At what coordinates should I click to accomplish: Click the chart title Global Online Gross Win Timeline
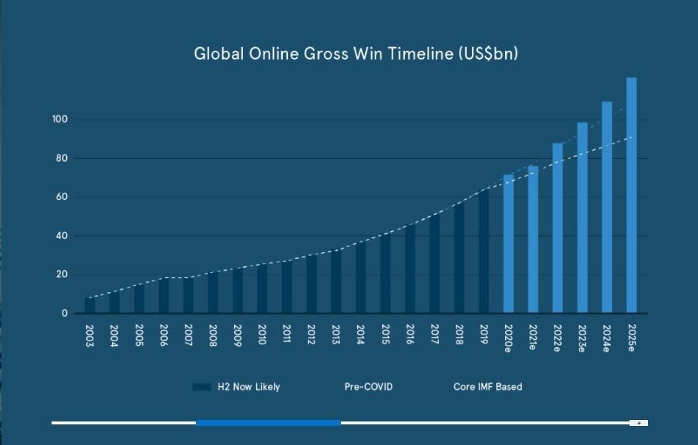356,54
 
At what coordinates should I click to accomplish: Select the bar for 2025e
631,195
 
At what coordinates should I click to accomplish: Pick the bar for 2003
90,305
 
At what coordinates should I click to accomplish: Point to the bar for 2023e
582,218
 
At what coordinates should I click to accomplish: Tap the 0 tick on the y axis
64,313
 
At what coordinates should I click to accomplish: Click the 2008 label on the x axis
213,335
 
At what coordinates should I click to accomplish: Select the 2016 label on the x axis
410,335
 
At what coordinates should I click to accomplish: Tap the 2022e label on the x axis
557,338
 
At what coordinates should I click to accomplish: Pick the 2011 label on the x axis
286,335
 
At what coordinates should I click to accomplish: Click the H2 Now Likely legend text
248,387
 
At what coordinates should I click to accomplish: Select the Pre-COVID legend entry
368,387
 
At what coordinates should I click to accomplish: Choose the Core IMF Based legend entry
487,387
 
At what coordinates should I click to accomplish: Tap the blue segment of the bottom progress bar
268,423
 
